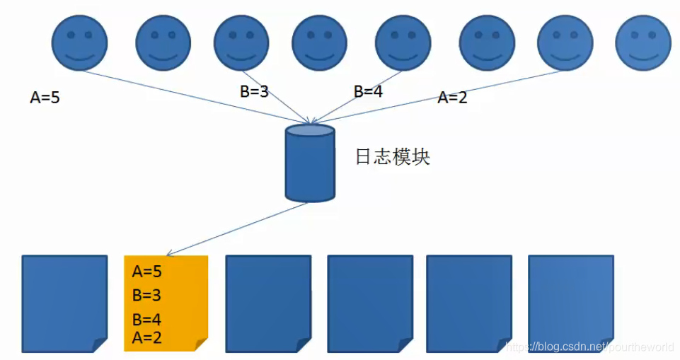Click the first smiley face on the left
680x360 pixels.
pos(79,43)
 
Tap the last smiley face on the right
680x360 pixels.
pos(642,43)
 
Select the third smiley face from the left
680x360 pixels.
pos(241,43)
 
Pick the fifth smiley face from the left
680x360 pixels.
pos(403,43)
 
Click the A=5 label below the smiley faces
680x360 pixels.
pos(45,98)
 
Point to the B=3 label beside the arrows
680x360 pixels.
pos(254,91)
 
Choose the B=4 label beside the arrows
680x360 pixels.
pos(368,91)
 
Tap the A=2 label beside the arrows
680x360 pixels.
pos(452,98)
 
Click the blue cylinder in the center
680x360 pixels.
pos(309,163)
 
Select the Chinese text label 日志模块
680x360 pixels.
pos(392,157)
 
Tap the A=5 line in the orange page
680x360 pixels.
pos(146,272)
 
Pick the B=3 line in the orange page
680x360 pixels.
pos(146,295)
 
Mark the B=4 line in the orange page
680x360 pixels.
pos(146,320)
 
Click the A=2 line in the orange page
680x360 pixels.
pos(146,337)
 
